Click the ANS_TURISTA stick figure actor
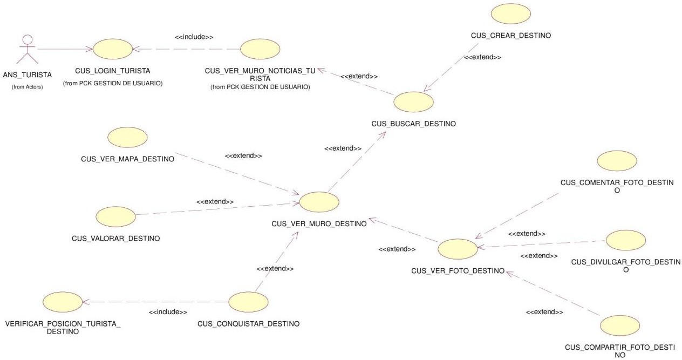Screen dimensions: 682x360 pos(28,49)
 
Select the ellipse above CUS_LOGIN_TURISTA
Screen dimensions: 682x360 pos(113,49)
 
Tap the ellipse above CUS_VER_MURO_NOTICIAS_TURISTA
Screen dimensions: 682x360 pos(260,49)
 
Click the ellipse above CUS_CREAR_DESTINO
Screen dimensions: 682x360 pos(511,13)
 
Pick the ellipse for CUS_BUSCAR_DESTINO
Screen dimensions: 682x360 pos(413,102)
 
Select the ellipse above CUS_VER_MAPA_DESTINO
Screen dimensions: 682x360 pos(127,137)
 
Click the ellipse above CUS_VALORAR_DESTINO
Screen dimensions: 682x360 pos(115,216)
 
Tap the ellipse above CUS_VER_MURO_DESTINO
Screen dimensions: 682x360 pos(319,202)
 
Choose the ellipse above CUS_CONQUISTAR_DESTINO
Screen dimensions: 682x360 pos(248,302)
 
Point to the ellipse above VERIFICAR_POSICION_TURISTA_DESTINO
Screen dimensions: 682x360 pos(63,302)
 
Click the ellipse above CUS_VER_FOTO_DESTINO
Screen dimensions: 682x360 pos(458,249)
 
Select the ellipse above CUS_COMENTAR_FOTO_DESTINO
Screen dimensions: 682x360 pos(617,161)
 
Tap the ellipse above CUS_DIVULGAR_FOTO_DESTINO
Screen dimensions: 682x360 pos(626,240)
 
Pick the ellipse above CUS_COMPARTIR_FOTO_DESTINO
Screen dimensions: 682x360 pos(620,325)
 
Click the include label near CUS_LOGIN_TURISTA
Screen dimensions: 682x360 pos(194,37)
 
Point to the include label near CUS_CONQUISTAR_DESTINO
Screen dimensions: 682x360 pos(168,312)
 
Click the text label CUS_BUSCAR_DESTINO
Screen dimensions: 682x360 pos(413,124)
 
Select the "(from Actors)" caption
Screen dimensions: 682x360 pos(28,87)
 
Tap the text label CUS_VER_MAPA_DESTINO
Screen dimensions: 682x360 pos(127,159)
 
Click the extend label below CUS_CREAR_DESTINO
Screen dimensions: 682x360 pos(482,57)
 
